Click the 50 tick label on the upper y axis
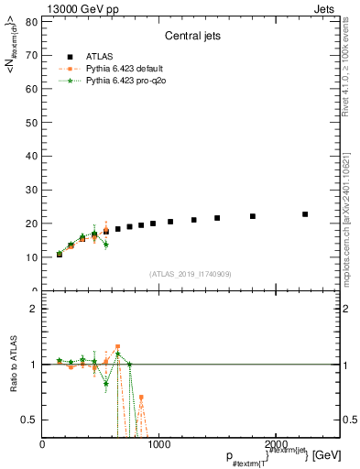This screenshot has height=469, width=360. pyautogui.click(x=32, y=122)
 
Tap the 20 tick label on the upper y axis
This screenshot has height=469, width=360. pyautogui.click(x=32, y=224)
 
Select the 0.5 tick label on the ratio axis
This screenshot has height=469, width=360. pyautogui.click(x=29, y=420)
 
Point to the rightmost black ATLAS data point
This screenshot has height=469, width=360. pyautogui.click(x=305, y=214)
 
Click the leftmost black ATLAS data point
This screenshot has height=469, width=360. pyautogui.click(x=60, y=254)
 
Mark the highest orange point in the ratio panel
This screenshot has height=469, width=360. pyautogui.click(x=117, y=348)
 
